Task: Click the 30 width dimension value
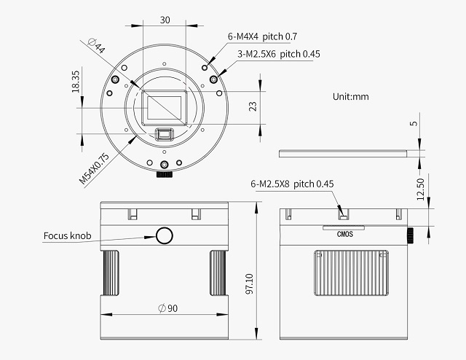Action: [x=165, y=20]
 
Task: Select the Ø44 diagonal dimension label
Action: [x=97, y=45]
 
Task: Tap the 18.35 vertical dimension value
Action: [x=76, y=81]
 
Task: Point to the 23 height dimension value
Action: [x=253, y=106]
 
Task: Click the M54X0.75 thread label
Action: [x=94, y=168]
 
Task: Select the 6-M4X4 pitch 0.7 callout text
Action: [x=262, y=36]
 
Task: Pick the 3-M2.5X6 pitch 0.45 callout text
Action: [x=279, y=54]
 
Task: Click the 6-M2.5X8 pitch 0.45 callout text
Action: [x=292, y=184]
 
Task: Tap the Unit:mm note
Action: [x=351, y=97]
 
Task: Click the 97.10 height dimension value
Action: [x=250, y=283]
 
